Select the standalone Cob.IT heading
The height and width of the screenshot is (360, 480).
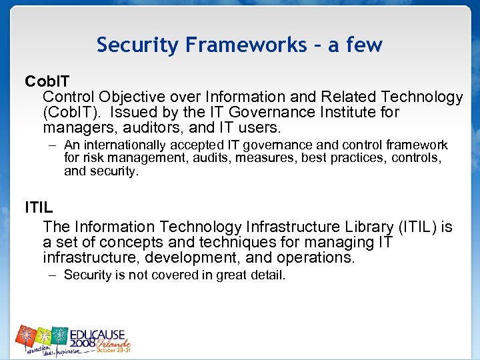46,81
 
